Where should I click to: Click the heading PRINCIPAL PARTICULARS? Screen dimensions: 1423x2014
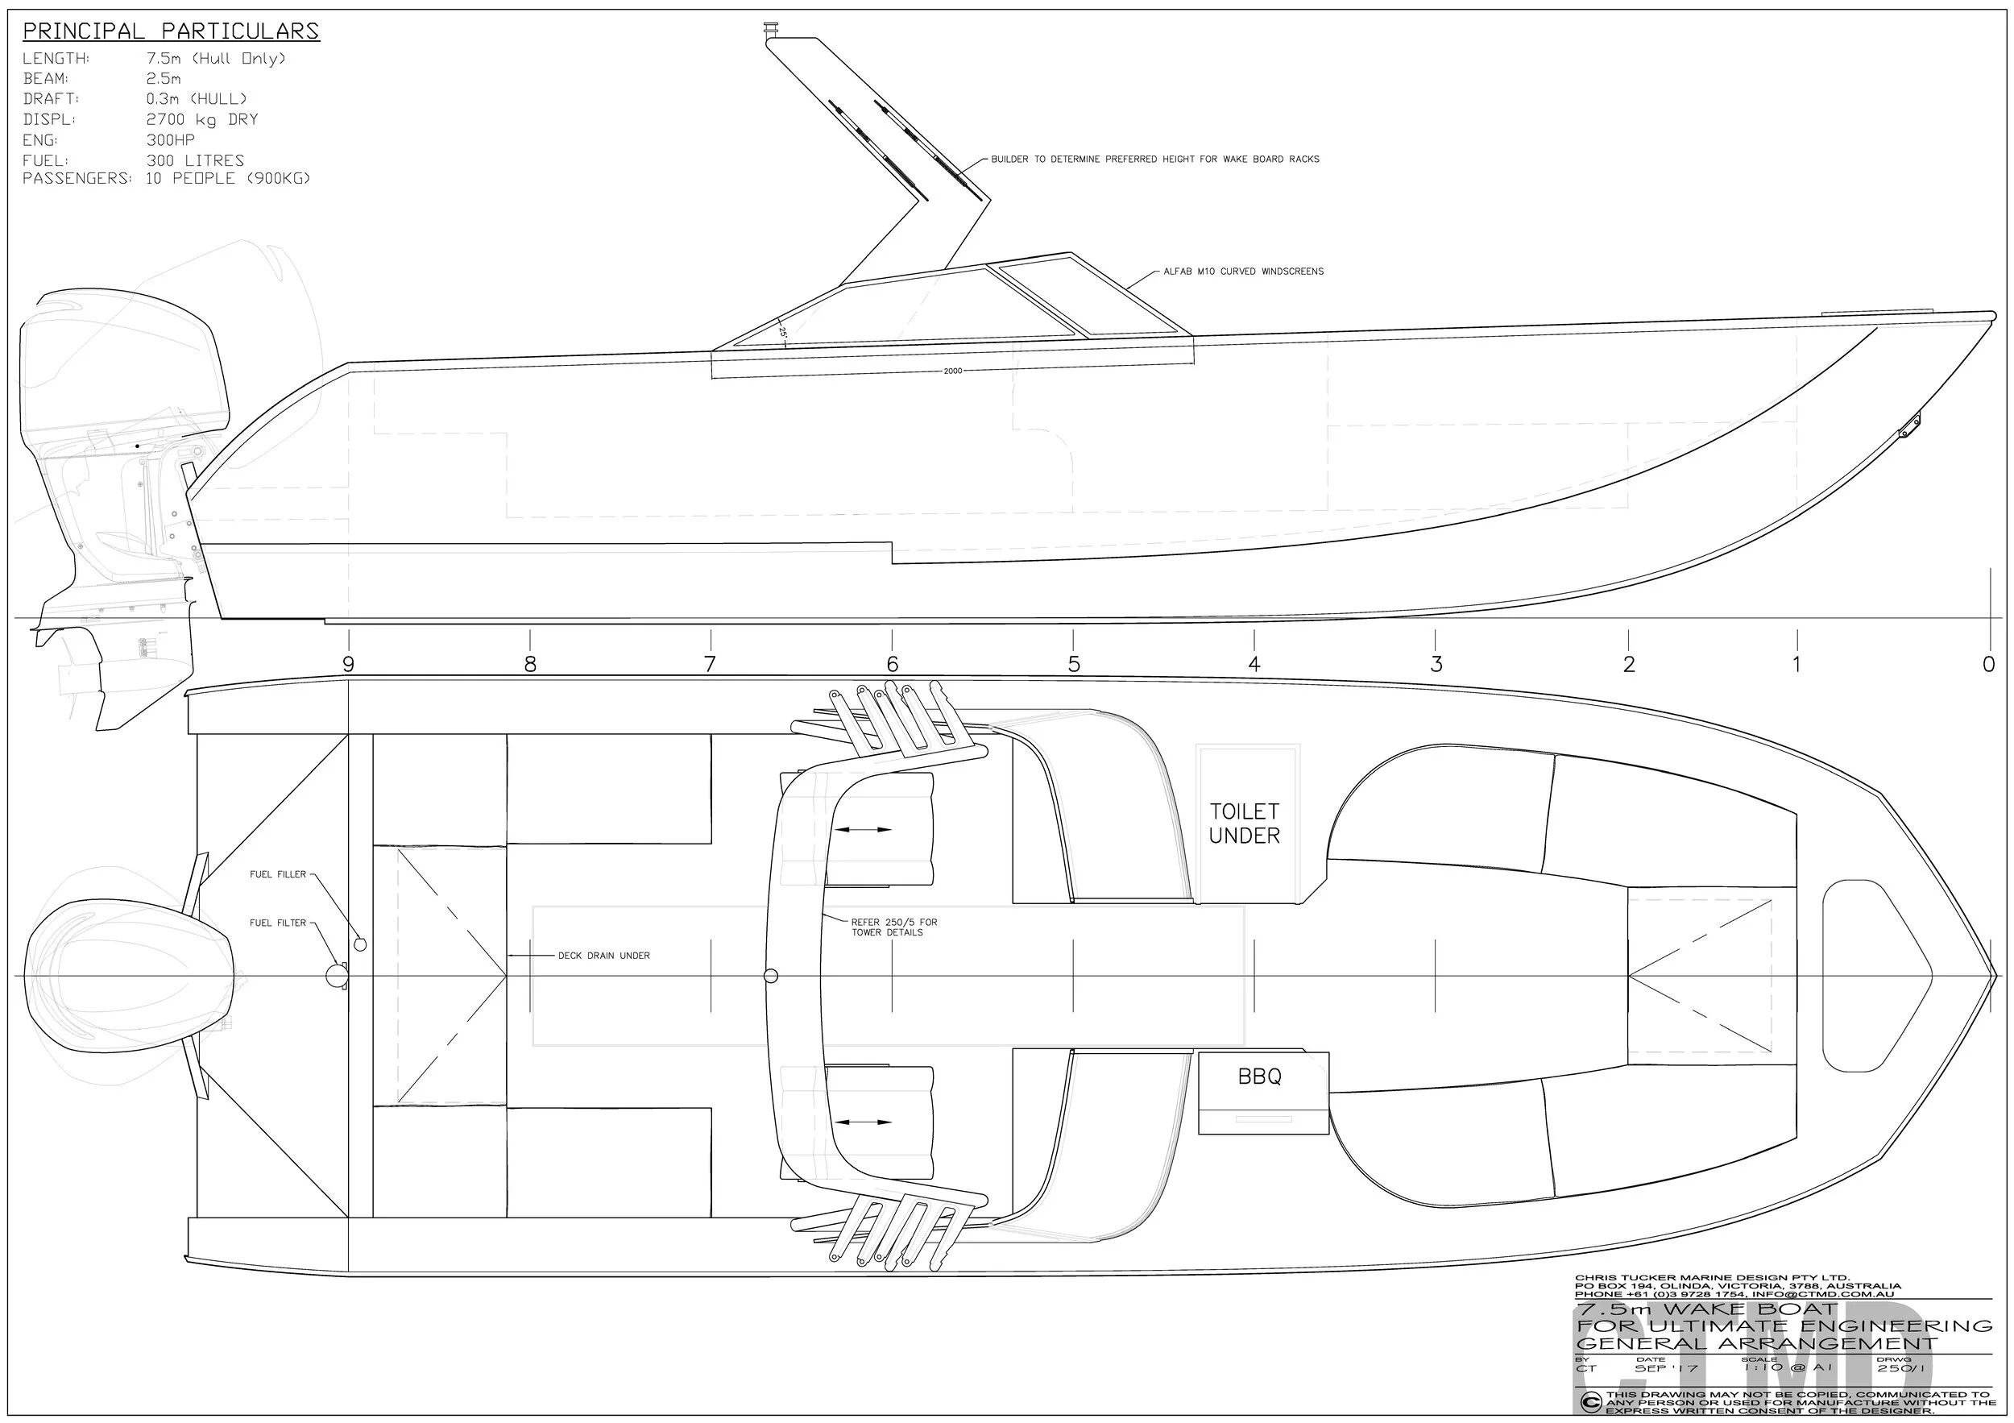(171, 31)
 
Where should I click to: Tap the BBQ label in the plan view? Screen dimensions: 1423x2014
(1260, 1077)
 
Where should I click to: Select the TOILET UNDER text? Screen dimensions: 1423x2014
(1245, 823)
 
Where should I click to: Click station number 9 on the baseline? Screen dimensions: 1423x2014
(348, 664)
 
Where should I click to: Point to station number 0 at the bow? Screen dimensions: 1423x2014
(1988, 664)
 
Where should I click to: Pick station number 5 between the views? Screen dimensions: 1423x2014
(1074, 664)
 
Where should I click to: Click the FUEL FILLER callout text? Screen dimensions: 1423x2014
(278, 873)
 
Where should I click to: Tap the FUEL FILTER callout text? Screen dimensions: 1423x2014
(278, 922)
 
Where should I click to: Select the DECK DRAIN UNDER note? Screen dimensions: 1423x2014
(603, 956)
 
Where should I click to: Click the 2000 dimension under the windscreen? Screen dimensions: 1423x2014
(952, 371)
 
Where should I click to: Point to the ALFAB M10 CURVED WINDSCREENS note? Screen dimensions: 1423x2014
(1243, 271)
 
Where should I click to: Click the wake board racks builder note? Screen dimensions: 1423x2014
(1154, 159)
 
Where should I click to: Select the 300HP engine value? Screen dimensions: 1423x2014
(170, 139)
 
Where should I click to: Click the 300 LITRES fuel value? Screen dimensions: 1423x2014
(195, 160)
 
